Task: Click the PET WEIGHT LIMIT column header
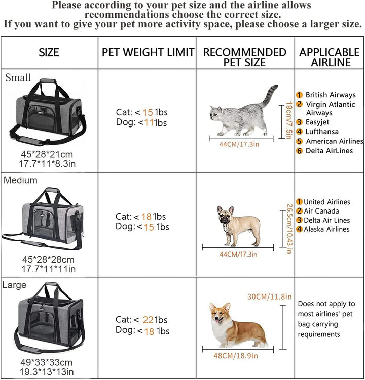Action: click(148, 52)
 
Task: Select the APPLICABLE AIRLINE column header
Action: click(329, 57)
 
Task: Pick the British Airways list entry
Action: click(330, 95)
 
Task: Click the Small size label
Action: click(18, 78)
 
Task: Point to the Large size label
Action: click(14, 285)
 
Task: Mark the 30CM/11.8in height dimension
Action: click(270, 297)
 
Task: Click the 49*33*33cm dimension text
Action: click(46, 362)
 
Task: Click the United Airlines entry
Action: click(326, 202)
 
